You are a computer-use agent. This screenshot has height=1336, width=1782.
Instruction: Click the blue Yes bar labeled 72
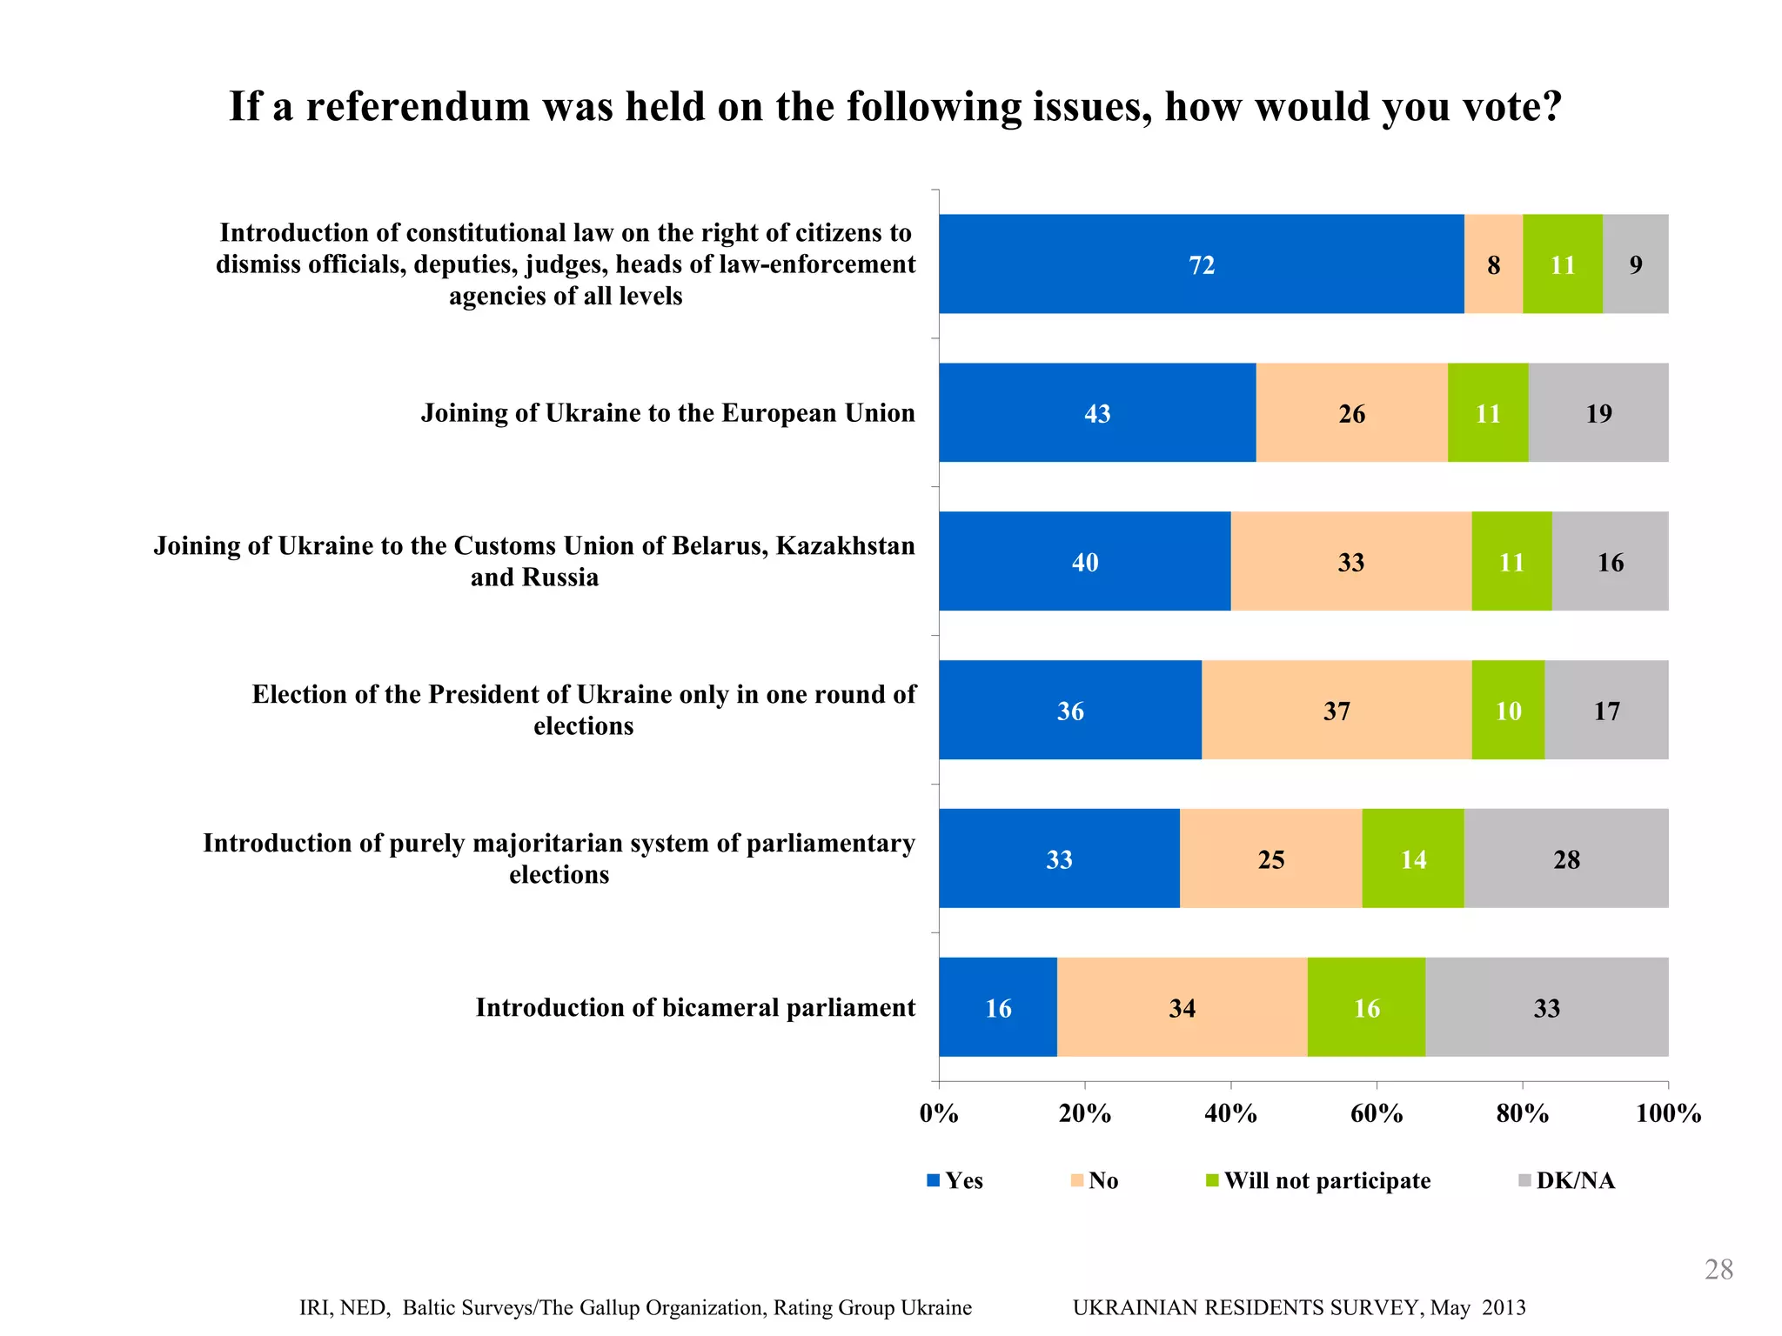tap(1201, 264)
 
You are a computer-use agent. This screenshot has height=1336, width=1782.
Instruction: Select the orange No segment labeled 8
tap(1493, 264)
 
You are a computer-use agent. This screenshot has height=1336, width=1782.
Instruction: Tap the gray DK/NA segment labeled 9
tap(1635, 264)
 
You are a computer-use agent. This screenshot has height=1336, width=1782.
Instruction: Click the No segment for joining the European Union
tap(1351, 413)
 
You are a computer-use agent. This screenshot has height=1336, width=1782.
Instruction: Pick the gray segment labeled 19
tap(1598, 413)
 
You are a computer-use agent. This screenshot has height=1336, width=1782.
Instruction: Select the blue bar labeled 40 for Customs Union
tap(1084, 562)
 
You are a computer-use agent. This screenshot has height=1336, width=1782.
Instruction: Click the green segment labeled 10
tap(1508, 711)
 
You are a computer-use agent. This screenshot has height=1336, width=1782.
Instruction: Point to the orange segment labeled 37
tap(1336, 711)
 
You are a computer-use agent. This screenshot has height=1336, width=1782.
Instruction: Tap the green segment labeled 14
tap(1413, 859)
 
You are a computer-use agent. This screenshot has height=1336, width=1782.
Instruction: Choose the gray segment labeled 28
tap(1566, 859)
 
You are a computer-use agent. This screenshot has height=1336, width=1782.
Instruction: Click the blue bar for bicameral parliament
tap(998, 1008)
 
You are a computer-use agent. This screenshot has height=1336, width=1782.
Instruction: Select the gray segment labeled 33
tap(1546, 1008)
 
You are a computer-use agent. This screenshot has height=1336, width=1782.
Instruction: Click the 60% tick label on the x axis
tap(1377, 1114)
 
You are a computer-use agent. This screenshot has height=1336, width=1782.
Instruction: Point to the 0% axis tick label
tap(939, 1114)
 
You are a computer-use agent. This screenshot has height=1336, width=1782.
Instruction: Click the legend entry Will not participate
tap(1326, 1181)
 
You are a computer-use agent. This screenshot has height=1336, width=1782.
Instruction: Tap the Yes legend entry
tap(962, 1181)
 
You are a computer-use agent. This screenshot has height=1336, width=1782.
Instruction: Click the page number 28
tap(1718, 1270)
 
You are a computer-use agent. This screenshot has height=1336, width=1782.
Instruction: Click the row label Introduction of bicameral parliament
tap(695, 1008)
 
